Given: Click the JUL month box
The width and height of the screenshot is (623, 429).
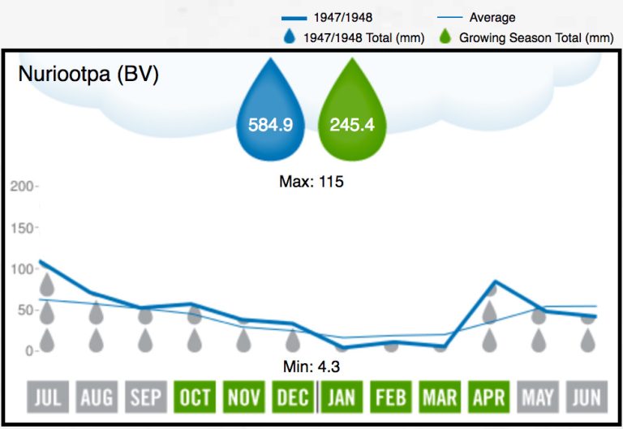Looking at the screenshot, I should click(47, 397).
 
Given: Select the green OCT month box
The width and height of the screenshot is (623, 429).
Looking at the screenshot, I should click(195, 397).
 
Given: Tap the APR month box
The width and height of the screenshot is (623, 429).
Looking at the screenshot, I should click(489, 397).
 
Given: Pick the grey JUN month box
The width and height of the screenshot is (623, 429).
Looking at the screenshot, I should click(587, 397).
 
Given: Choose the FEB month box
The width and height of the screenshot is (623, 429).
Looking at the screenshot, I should click(391, 397).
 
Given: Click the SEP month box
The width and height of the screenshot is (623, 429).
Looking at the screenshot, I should click(146, 397).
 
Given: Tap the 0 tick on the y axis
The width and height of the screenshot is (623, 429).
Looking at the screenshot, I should click(29, 351).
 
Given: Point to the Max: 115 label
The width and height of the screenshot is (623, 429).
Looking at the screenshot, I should click(311, 182).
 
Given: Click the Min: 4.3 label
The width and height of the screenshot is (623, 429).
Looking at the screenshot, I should click(311, 367).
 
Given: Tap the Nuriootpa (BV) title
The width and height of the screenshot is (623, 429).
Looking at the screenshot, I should click(88, 75).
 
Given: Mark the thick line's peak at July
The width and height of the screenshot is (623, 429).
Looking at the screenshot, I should click(41, 261).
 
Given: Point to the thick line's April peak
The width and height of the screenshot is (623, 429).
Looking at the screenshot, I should click(494, 281).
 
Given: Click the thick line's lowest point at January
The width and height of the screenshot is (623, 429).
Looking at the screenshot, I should click(342, 348).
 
